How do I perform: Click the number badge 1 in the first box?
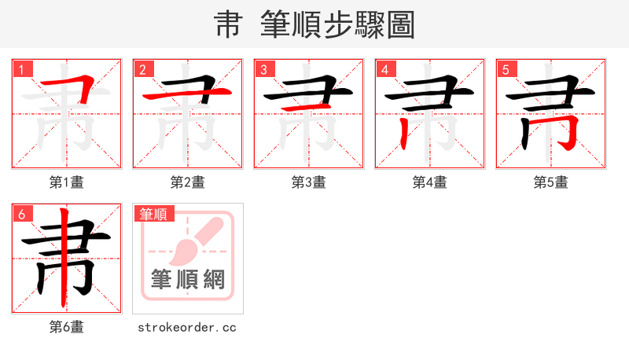pos(22,69)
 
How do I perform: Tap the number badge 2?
pos(143,69)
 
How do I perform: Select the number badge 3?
pos(264,69)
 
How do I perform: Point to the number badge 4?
pos(385,69)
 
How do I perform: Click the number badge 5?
pos(506,69)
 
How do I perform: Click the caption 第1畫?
pos(67,182)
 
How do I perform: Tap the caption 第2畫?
pos(188,182)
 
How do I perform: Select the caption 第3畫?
pos(309,182)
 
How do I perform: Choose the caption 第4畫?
pos(430,182)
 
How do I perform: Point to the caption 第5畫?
pos(551,182)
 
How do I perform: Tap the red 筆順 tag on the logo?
pos(154,214)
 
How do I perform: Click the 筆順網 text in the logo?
pos(188,280)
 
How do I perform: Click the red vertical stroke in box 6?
pos(63,259)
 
